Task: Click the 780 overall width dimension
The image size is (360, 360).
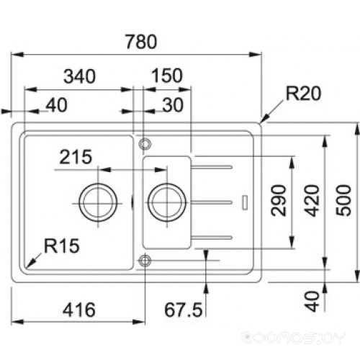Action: (141, 42)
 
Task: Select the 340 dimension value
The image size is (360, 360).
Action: (80, 76)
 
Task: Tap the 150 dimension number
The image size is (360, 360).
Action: (167, 76)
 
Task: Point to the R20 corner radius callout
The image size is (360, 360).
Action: (303, 94)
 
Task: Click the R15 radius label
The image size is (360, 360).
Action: (62, 246)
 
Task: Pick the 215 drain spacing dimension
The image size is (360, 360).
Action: (76, 157)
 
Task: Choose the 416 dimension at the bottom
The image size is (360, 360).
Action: (79, 310)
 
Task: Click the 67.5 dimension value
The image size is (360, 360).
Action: (184, 310)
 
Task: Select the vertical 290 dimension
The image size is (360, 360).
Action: (279, 200)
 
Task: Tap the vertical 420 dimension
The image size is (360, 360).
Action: (312, 200)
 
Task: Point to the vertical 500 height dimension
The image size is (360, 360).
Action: (343, 200)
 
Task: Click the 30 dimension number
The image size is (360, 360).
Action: (173, 105)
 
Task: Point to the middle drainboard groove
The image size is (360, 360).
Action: (211, 202)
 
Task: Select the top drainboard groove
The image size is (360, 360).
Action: (211, 167)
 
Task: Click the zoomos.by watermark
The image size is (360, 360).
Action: (293, 338)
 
